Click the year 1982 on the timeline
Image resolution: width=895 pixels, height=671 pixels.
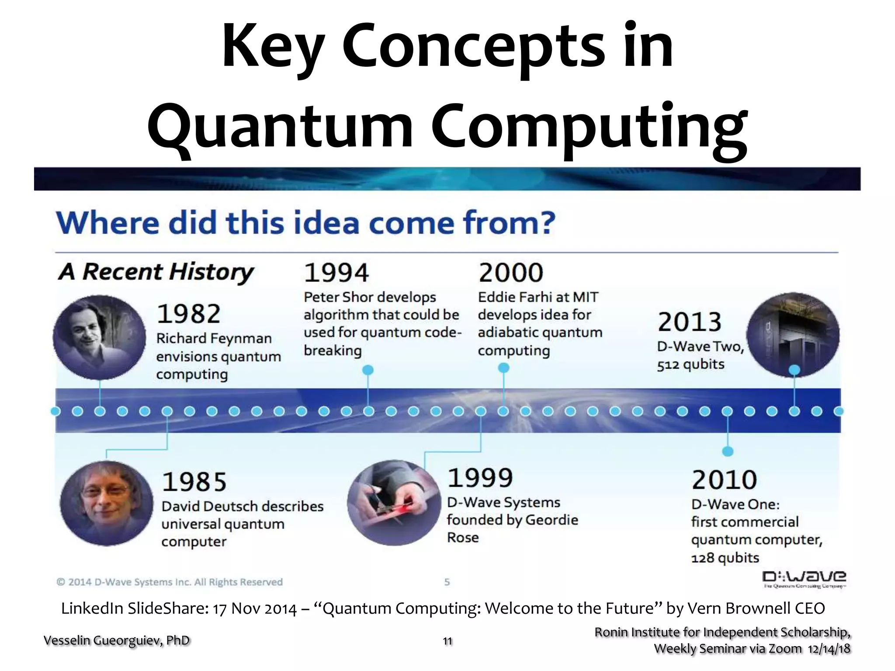[188, 314]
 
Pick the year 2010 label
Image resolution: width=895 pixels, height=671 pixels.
[724, 480]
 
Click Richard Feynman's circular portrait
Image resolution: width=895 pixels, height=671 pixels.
[100, 337]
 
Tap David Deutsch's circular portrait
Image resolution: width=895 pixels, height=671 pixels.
[107, 503]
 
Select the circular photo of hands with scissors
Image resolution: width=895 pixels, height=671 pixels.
[394, 503]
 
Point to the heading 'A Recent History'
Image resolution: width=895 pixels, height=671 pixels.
[156, 272]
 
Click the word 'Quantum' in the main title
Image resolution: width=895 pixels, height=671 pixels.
[280, 127]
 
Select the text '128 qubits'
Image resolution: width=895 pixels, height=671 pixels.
[725, 558]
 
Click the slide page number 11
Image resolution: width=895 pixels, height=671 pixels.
[447, 641]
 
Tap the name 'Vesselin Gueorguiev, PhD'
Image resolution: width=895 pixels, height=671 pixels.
[117, 640]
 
